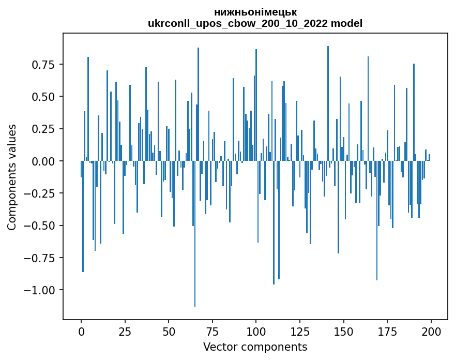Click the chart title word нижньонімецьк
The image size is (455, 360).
[x=255, y=12]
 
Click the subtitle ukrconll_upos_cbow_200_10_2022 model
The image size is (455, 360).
[x=255, y=23]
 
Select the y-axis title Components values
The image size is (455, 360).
[x=12, y=177]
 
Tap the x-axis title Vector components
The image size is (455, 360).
[x=255, y=347]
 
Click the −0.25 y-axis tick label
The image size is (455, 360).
[x=37, y=193]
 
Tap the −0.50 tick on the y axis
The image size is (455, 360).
[x=37, y=226]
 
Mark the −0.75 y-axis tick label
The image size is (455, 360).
[x=37, y=258]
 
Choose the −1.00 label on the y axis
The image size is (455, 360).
[x=37, y=290]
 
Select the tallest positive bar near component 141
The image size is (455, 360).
[x=328, y=103]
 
